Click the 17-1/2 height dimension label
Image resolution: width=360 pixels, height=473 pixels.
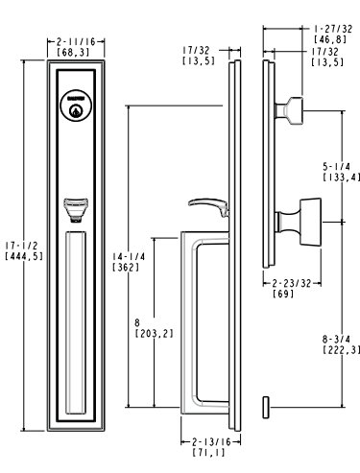pos(22,246)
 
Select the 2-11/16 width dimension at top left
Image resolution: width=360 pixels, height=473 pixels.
pos(76,41)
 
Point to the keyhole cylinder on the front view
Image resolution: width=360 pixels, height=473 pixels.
pos(76,106)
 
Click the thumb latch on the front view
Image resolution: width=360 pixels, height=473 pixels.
pos(76,210)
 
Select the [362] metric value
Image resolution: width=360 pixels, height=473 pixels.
pos(126,268)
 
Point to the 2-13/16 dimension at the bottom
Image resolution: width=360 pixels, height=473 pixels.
pos(211,442)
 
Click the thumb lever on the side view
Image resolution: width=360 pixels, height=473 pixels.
pos(208,207)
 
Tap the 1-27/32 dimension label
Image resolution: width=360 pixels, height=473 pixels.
pos(333,29)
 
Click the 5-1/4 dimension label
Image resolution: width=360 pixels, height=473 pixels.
pos(336,166)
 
